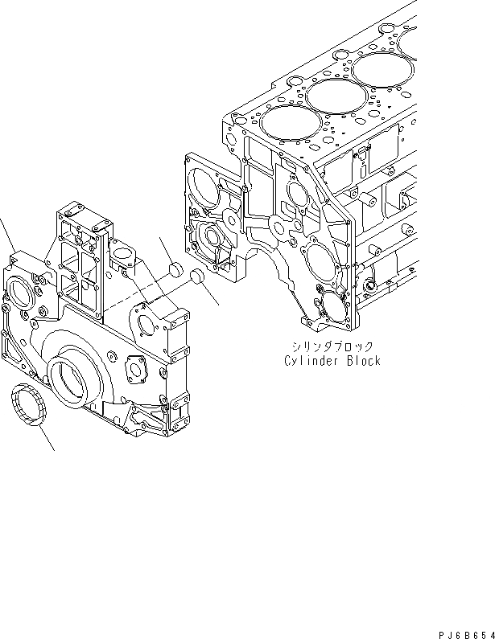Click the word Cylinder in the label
pos(310,361)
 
